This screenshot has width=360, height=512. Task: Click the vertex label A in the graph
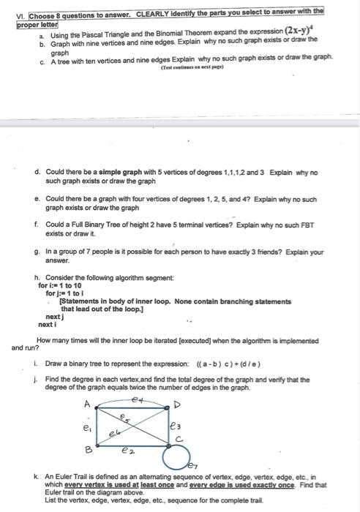(86, 402)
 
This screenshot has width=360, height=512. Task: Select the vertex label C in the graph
(177, 439)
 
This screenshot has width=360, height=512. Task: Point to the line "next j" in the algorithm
(56, 317)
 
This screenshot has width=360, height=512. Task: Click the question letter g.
(36, 252)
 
